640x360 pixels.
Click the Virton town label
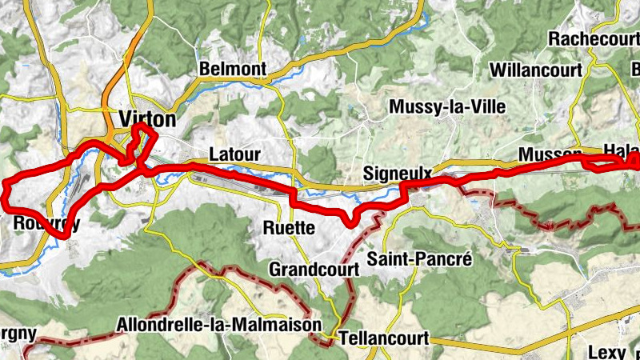146,119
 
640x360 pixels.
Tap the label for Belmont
233,70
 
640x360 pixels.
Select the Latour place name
236,154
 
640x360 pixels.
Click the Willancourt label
535,70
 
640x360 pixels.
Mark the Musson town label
550,154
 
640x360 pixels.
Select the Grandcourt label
314,268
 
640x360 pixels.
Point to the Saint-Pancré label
421,258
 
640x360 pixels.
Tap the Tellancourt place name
384,337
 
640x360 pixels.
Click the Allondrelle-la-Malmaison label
218,326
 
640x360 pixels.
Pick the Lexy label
606,351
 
